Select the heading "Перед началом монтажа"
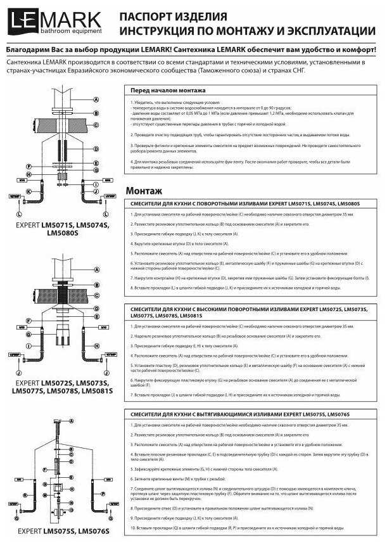(162, 91)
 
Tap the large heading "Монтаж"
(144, 190)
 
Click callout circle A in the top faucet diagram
(96, 100)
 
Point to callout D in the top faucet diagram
(96, 148)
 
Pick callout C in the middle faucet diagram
(96, 295)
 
